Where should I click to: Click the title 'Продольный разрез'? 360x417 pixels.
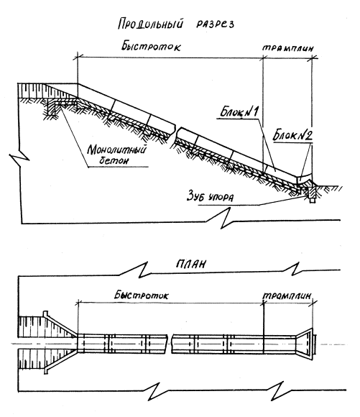(x=176, y=24)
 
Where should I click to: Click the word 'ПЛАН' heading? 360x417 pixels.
(x=191, y=264)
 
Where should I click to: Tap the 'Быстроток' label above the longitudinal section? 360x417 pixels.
(x=151, y=46)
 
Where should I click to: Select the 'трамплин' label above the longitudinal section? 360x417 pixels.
(x=288, y=48)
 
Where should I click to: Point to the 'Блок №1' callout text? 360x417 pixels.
(x=239, y=111)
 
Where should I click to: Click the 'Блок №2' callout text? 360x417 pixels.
(x=292, y=136)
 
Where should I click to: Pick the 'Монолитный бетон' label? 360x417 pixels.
(x=116, y=155)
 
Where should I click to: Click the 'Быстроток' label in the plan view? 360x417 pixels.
(x=142, y=295)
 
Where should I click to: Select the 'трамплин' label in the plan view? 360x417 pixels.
(x=287, y=296)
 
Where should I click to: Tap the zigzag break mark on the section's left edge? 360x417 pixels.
(x=19, y=160)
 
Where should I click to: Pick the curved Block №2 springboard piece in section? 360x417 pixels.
(x=305, y=179)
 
